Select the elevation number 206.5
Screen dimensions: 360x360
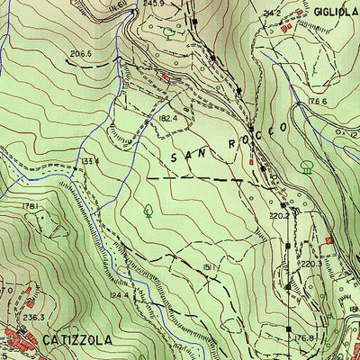[x=82, y=54]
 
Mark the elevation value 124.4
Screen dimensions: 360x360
[x=119, y=294]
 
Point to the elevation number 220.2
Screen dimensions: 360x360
[x=278, y=216]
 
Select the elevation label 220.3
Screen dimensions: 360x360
[x=310, y=264]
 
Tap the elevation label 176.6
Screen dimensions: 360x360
[x=314, y=101]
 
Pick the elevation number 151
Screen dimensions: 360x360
[x=206, y=267]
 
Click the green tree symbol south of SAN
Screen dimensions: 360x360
[x=148, y=212]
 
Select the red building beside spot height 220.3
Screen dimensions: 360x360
[x=329, y=241]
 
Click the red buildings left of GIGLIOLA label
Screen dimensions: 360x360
[x=288, y=28]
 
